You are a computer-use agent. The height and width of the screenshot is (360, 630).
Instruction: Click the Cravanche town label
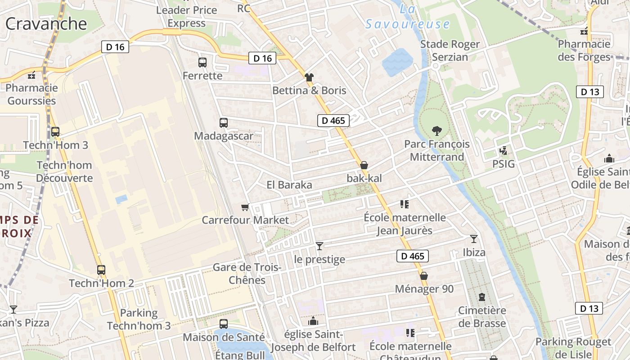(x=46, y=24)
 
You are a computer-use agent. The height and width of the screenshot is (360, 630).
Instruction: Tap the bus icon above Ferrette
(x=202, y=63)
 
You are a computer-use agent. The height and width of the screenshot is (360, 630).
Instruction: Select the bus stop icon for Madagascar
(x=223, y=122)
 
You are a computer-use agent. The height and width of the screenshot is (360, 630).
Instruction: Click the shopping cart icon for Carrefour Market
(x=245, y=207)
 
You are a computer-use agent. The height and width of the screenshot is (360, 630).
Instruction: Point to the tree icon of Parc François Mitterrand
(x=436, y=131)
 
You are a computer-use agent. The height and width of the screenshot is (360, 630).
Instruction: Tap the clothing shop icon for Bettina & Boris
(x=309, y=77)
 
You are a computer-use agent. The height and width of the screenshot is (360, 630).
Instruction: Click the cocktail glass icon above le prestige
(x=319, y=246)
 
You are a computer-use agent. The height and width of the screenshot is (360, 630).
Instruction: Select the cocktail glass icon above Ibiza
(x=474, y=238)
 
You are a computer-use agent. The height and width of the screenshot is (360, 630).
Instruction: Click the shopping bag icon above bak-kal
(x=364, y=165)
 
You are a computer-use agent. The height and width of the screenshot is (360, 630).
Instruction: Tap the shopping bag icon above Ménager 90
(x=423, y=276)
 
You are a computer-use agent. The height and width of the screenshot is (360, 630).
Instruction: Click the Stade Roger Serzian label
(x=450, y=50)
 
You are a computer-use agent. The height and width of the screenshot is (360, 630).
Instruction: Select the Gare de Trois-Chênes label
(x=247, y=274)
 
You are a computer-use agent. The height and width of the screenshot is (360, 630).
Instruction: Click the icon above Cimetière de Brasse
(x=482, y=297)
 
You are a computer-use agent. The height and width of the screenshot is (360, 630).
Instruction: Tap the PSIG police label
(x=503, y=164)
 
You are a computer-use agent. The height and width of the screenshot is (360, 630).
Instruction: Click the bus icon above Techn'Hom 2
(x=101, y=270)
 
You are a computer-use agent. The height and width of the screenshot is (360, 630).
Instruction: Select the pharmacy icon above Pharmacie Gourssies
(x=31, y=75)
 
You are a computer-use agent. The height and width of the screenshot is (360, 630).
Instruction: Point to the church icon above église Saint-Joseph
(x=313, y=321)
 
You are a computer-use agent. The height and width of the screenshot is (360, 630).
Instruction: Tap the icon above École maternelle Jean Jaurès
(x=404, y=204)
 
